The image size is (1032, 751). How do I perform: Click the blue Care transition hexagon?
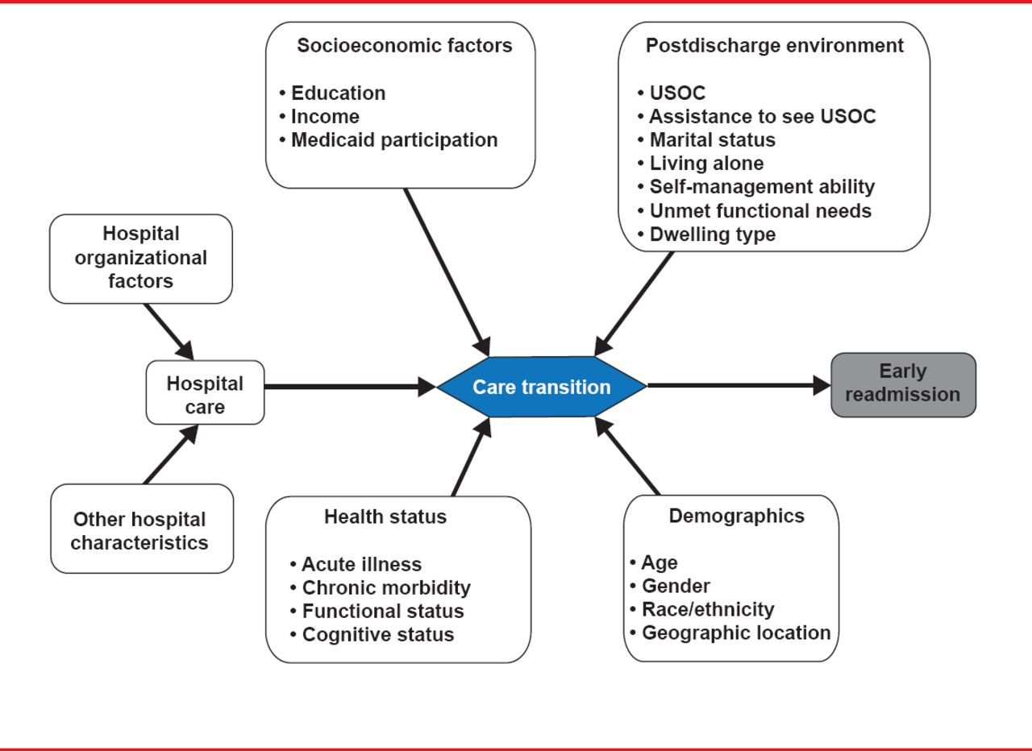point(542,387)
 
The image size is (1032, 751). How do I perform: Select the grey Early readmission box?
point(903,384)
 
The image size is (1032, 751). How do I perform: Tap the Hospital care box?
point(205,392)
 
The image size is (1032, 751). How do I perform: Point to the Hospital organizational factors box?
point(141,258)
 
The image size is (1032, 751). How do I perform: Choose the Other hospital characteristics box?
point(141,530)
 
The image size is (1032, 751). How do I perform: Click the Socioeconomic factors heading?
point(404,45)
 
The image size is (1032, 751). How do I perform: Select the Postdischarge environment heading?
point(774,45)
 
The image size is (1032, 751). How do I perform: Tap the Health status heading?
point(385,517)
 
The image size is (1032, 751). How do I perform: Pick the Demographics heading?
point(736,516)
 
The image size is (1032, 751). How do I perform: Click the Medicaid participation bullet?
point(393,139)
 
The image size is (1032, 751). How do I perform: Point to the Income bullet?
point(325,116)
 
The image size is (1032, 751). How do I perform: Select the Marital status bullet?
point(712,139)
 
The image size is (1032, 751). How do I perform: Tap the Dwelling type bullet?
point(712,234)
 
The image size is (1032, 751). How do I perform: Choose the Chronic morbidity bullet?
point(385,587)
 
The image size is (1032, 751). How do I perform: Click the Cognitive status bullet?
point(377,634)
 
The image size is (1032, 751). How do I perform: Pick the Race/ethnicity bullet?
point(707,609)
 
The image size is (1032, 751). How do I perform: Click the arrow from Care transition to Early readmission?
point(738,385)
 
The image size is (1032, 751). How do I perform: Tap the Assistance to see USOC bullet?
point(762,116)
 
